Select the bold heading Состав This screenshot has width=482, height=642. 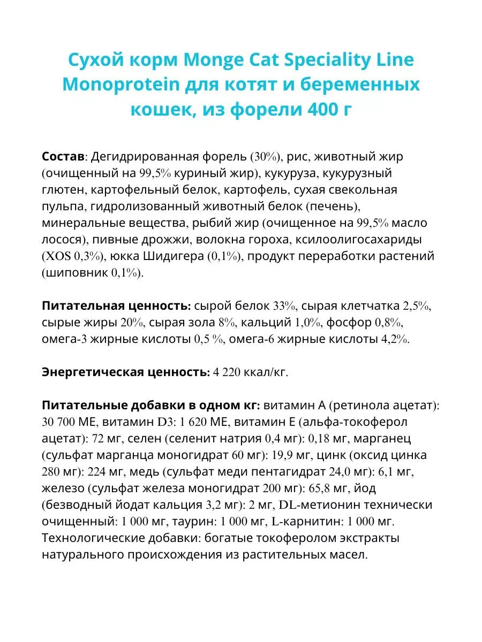pyautogui.click(x=63, y=157)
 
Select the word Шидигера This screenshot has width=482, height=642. pyautogui.click(x=174, y=256)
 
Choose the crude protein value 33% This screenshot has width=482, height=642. pyautogui.click(x=284, y=307)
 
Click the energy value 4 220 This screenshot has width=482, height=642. pyautogui.click(x=233, y=373)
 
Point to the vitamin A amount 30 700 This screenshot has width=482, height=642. pyautogui.click(x=62, y=422)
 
